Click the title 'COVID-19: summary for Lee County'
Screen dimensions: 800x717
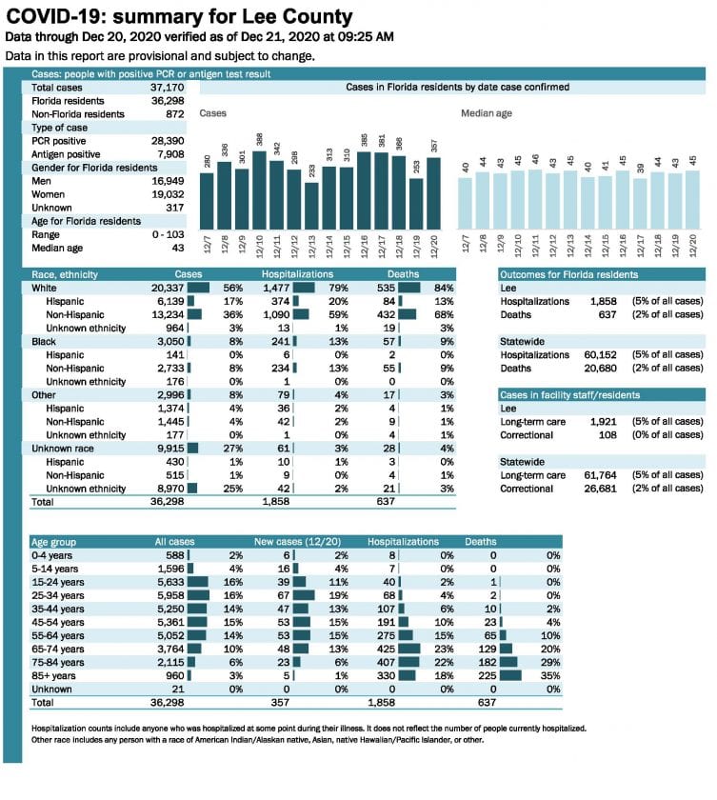(178, 16)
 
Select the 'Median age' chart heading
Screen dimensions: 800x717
(487, 113)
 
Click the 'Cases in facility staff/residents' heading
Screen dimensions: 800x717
(569, 394)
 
